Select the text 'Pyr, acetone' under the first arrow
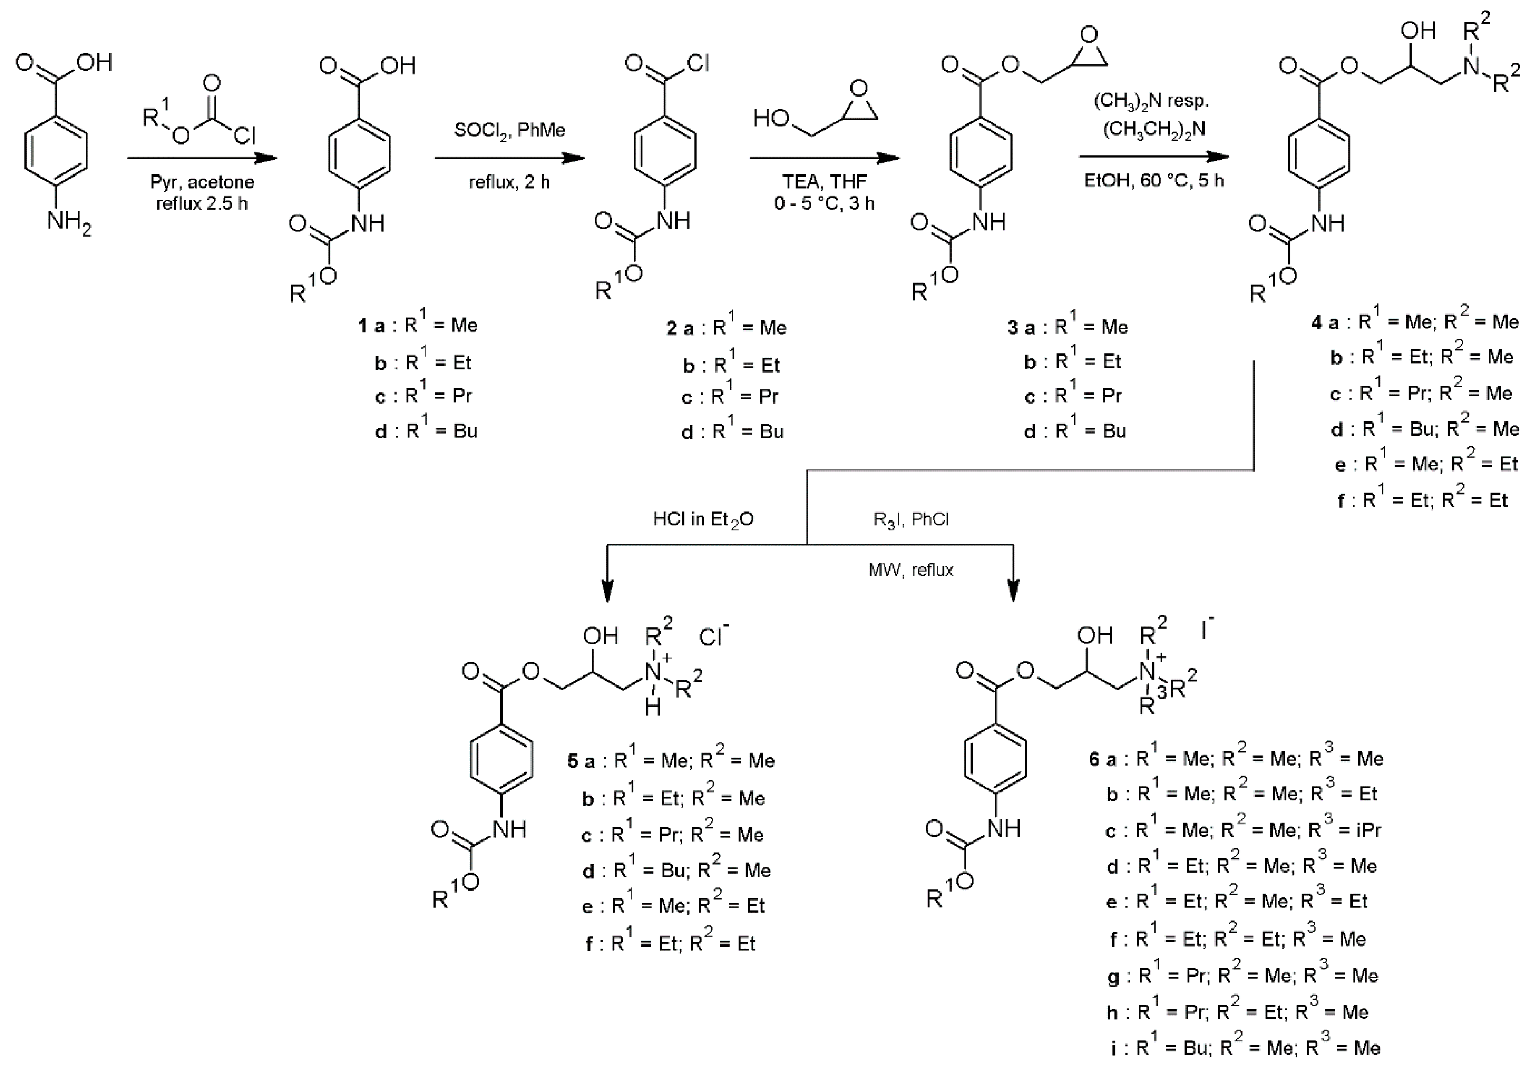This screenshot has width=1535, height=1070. pos(202,182)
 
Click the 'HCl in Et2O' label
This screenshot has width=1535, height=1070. pos(703,519)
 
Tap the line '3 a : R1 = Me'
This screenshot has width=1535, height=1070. pos(1068,327)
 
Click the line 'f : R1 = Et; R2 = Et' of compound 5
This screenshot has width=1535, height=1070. pos(670,943)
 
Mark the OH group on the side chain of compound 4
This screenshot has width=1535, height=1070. pos(1418,31)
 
